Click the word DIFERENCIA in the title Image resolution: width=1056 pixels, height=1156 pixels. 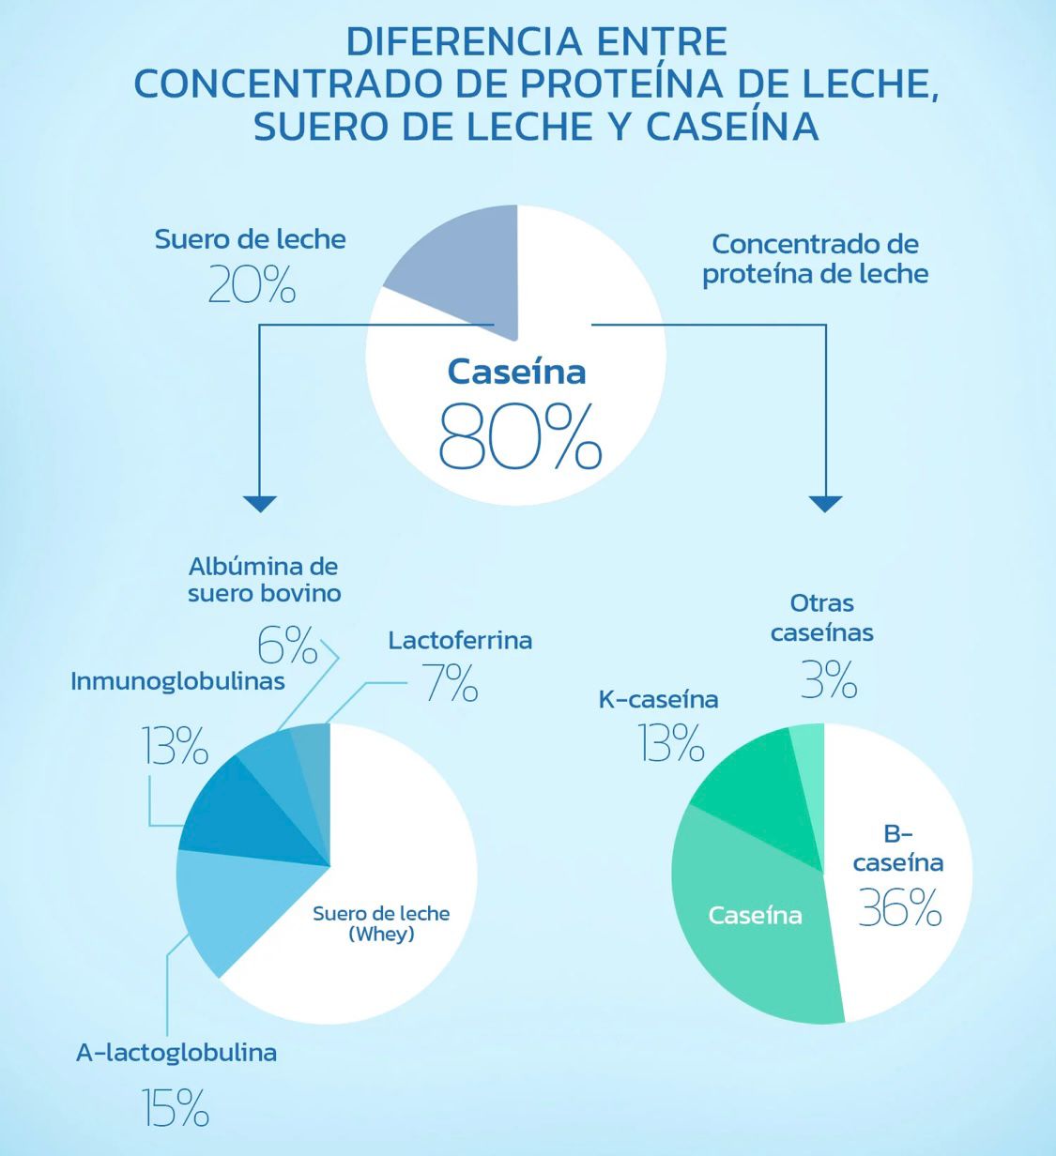pyautogui.click(x=451, y=42)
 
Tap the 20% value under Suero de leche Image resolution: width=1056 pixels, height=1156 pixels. pyautogui.click(x=252, y=284)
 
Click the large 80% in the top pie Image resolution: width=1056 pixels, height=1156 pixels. pyautogui.click(x=520, y=436)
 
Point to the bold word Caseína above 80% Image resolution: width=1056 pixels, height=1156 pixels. pyautogui.click(x=516, y=372)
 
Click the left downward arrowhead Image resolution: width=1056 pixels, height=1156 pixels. pyautogui.click(x=260, y=503)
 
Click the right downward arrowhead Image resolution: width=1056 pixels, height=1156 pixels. pyautogui.click(x=825, y=503)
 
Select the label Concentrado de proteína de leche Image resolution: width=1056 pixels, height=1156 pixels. pyautogui.click(x=815, y=259)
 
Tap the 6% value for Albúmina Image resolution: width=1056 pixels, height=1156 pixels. pyautogui.click(x=286, y=645)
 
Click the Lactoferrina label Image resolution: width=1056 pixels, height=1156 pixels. pyautogui.click(x=460, y=640)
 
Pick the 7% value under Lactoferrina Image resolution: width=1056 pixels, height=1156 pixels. pyautogui.click(x=451, y=683)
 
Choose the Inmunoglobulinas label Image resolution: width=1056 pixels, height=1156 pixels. pyautogui.click(x=177, y=681)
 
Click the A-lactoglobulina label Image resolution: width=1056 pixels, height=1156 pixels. pyautogui.click(x=176, y=1053)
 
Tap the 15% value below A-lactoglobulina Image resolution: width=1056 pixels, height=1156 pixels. pyautogui.click(x=176, y=1107)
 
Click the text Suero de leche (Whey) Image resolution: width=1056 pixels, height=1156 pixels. pyautogui.click(x=381, y=923)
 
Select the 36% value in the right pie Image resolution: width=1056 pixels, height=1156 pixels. pyautogui.click(x=899, y=907)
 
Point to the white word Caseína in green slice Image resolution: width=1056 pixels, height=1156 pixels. pyautogui.click(x=755, y=915)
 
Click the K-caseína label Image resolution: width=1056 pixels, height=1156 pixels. pyautogui.click(x=658, y=699)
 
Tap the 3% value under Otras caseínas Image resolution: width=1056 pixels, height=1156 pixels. pyautogui.click(x=829, y=680)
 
